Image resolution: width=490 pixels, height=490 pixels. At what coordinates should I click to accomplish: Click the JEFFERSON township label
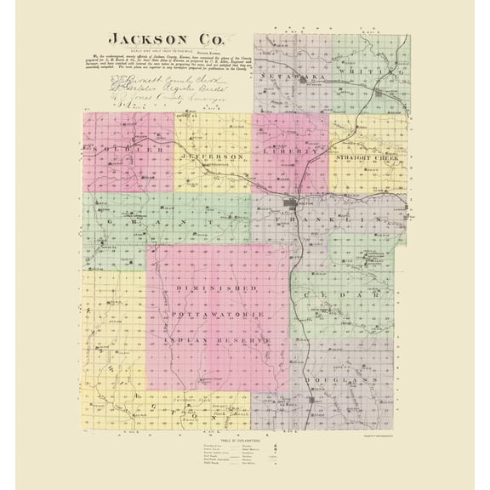click(x=213, y=157)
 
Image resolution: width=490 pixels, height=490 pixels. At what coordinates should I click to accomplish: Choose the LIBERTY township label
click(x=293, y=152)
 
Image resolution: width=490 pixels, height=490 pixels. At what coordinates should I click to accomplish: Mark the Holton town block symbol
click(x=293, y=204)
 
